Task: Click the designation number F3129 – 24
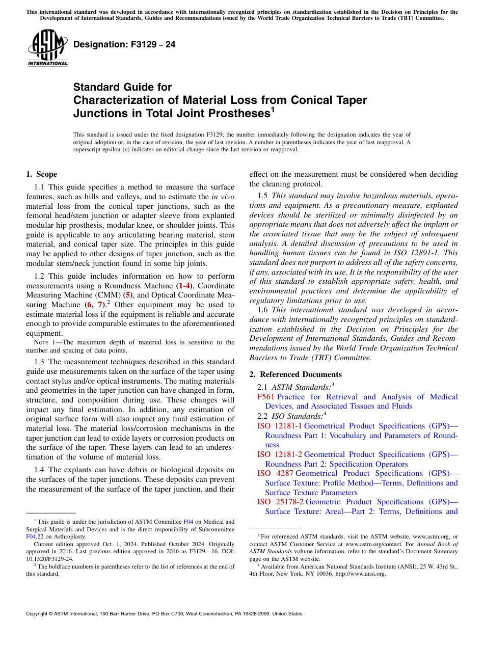coord(124,45)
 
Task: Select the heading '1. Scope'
coord(42,174)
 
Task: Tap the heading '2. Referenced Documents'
coord(295,374)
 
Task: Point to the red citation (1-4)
coord(184,286)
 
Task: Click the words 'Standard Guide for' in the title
coord(123,87)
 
